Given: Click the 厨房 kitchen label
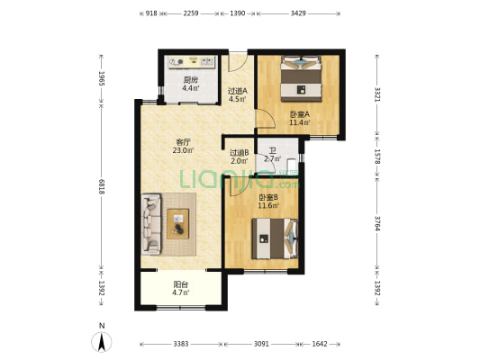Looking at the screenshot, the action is coord(190,80).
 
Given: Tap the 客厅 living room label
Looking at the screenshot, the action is coord(183,142).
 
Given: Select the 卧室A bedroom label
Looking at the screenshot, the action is coord(300,114).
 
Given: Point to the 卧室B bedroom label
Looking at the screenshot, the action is coord(268,197).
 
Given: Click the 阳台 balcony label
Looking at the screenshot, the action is coord(181,284).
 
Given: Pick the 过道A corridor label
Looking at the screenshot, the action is coord(238,91).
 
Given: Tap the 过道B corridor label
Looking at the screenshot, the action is coord(240,152).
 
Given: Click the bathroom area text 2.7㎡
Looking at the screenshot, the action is coord(273,158).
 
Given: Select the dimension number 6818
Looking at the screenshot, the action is coord(102,186).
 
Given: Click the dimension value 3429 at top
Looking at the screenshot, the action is coord(298,13).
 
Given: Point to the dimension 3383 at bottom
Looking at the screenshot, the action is coord(181,344).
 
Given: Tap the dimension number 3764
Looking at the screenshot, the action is coord(377,224).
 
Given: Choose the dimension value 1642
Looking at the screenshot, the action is coord(320,344).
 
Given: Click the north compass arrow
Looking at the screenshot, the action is coord(102,341).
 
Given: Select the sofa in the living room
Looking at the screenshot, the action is coord(151,224).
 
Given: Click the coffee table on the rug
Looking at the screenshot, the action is coord(177,224).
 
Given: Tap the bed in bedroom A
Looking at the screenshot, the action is coord(301,78).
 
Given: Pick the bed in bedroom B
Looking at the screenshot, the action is coord(275,238).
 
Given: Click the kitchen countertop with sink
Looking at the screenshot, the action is coord(192,62).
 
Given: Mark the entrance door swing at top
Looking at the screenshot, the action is coord(238,62).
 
